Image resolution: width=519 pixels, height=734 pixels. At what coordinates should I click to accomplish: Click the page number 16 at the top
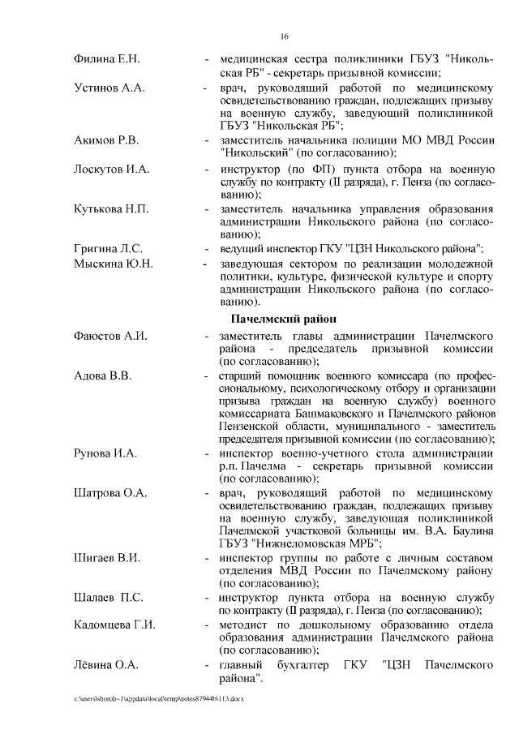(285, 36)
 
